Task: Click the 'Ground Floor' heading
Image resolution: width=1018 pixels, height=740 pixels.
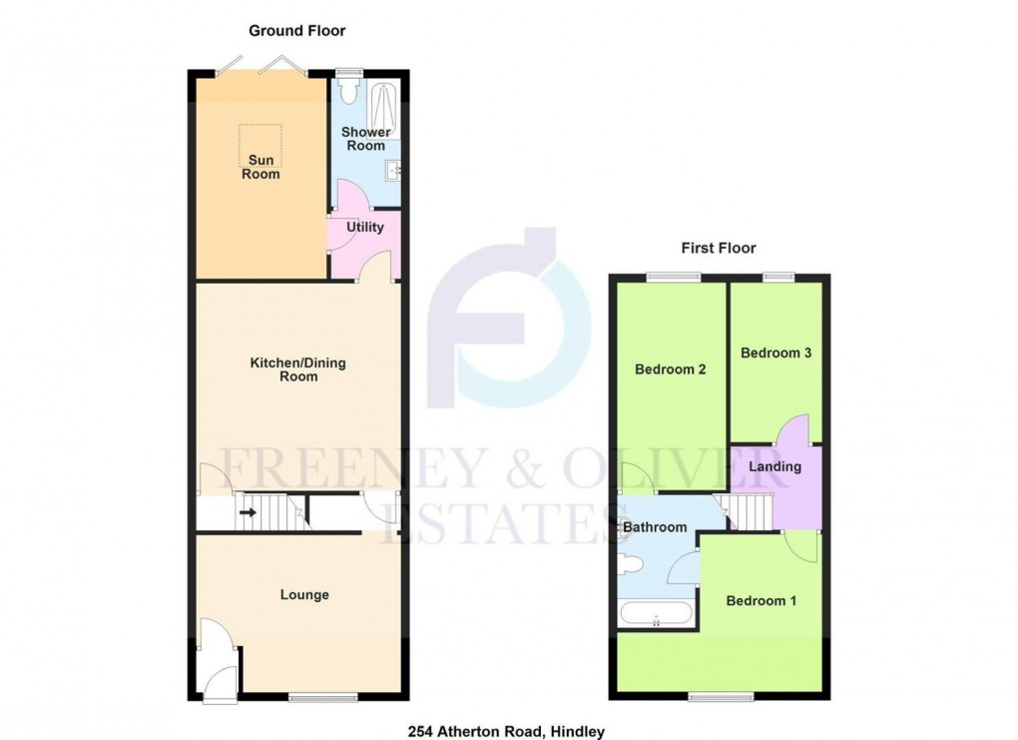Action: point(296,31)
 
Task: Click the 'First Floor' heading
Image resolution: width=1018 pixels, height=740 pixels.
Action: point(719,248)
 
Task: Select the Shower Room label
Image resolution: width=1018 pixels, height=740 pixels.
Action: point(365,139)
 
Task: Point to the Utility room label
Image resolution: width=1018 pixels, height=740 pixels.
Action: point(364,228)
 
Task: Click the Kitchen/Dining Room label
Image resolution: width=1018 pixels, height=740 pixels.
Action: point(297,370)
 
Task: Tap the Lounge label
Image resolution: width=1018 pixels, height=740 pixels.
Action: point(304,595)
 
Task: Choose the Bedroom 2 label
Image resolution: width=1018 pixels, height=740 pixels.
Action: point(671,370)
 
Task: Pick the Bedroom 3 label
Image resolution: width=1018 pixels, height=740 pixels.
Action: point(775,353)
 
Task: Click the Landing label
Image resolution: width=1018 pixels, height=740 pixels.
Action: point(775,466)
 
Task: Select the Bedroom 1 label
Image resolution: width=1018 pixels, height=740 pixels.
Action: point(762,601)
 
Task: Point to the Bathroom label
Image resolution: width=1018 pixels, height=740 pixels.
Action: point(656,527)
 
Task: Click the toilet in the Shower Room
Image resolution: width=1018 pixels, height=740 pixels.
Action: point(347,92)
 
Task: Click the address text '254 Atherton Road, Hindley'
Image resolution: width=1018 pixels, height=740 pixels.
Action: point(506,732)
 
